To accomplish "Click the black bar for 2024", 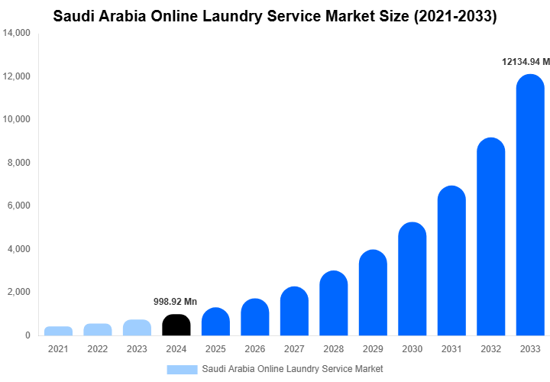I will coord(176,325).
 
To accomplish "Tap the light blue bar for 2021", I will coord(58,331).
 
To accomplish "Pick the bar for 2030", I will coord(412,279).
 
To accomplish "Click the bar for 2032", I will coord(491,237).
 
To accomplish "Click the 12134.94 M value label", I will coord(523,62).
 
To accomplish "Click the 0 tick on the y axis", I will coord(27,335).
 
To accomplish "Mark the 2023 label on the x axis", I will coord(137,349).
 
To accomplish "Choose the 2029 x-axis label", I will coord(373,349).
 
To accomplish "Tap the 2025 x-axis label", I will coord(215,349).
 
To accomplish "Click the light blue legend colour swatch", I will coord(182,369).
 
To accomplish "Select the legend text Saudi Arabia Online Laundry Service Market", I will coord(293,369).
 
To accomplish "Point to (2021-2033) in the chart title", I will coord(455,16).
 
